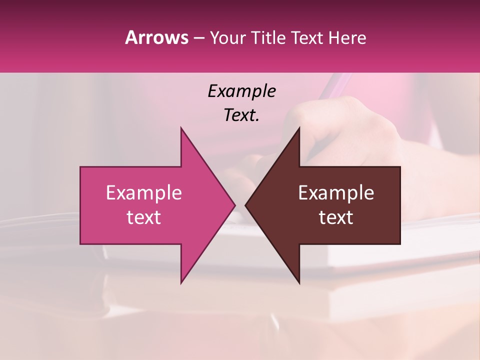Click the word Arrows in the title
point(156,37)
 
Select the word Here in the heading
point(347,38)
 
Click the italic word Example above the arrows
point(241,91)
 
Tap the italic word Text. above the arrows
point(241,115)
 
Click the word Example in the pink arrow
point(143,193)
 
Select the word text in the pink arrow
point(143,217)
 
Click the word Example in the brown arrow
point(336,193)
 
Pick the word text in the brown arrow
point(336,217)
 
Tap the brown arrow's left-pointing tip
point(246,205)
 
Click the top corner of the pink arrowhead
point(181,128)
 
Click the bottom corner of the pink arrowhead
point(181,283)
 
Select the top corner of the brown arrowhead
point(299,128)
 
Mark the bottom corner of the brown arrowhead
point(299,283)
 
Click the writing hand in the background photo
point(350,130)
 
